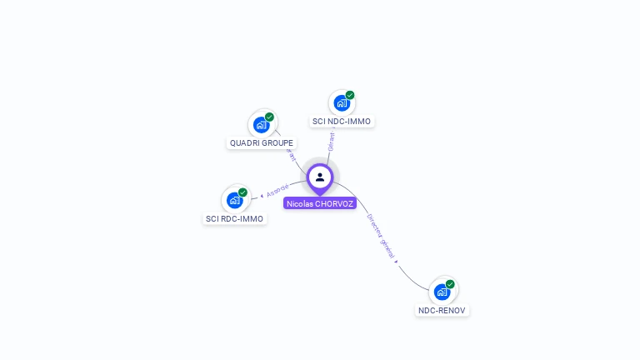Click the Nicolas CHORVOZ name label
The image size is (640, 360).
point(320,203)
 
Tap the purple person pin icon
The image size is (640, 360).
point(320,177)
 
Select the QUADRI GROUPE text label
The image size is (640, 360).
point(262,143)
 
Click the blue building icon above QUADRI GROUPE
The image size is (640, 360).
point(262,125)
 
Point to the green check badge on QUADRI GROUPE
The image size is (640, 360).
point(269,117)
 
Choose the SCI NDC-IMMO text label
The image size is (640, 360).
point(342,122)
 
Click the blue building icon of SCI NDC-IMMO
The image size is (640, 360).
point(342,103)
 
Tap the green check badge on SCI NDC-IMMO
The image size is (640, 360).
point(350,95)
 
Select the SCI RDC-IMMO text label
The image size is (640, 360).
point(234,219)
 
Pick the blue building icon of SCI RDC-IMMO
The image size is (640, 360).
point(235,200)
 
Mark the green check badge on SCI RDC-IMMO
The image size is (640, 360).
point(242,192)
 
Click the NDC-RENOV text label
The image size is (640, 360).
point(442,311)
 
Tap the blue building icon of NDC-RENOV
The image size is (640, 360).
point(442,292)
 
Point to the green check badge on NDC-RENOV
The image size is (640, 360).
point(450,284)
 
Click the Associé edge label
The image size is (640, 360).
point(277,191)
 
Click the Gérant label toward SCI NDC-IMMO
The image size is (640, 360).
point(332,141)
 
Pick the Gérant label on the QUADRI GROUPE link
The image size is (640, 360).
point(291,155)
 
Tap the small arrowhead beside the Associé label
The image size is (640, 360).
point(262,196)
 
